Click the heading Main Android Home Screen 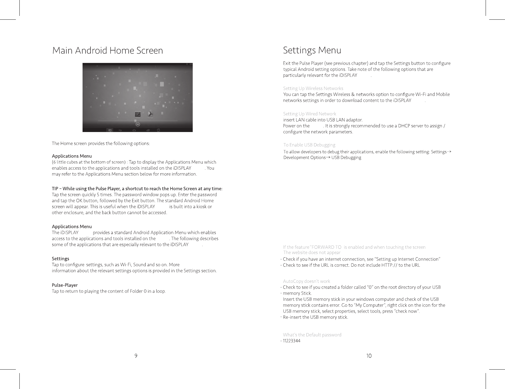(108, 51)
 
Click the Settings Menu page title (312, 50)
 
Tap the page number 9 (136, 356)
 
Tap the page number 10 (369, 356)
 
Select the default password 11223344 (291, 341)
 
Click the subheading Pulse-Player (65, 285)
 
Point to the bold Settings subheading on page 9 (61, 258)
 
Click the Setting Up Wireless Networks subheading (313, 88)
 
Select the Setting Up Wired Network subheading (309, 114)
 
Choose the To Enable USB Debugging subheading (309, 145)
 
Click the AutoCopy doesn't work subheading (306, 281)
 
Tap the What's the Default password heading (312, 335)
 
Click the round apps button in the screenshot (137, 124)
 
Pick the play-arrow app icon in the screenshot (150, 114)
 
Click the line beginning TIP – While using (137, 188)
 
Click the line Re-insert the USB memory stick (315, 317)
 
